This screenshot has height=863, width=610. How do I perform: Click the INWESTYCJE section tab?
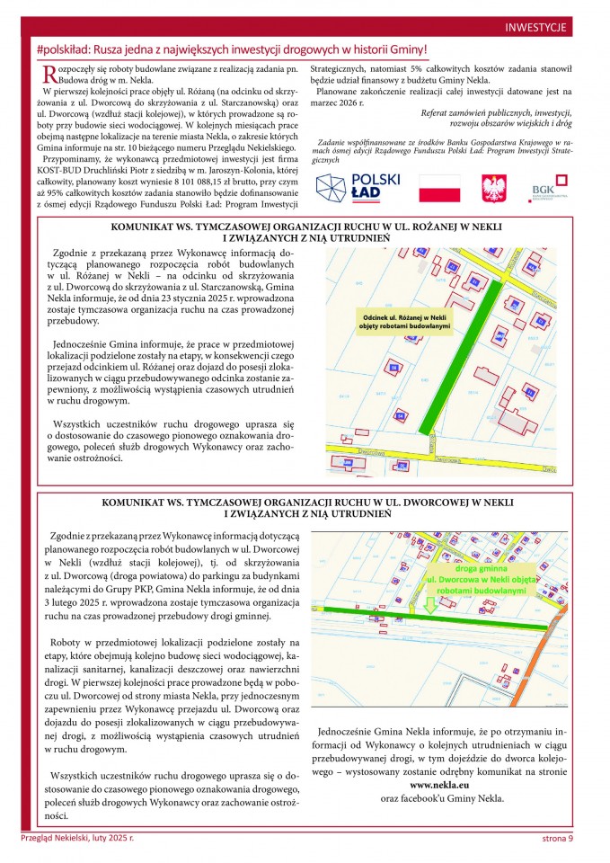[x=535, y=28]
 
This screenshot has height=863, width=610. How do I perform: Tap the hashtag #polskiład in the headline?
[x=67, y=51]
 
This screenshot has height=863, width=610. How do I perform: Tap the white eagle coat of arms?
[x=493, y=189]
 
